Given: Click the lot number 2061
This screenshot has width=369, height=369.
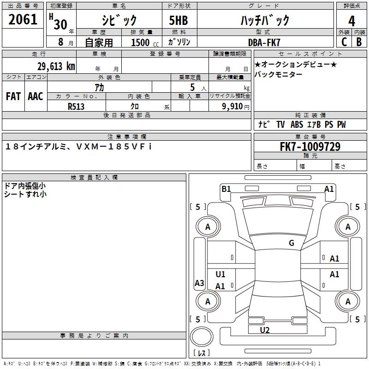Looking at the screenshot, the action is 23,19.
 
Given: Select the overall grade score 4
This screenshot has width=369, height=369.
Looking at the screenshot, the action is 351,21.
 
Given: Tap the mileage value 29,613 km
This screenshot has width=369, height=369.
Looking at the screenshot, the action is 56,66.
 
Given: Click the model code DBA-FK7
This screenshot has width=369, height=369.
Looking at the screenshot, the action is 264,42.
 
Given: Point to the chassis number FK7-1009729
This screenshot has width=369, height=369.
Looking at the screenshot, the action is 310,146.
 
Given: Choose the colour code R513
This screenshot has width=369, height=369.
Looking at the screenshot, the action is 76,107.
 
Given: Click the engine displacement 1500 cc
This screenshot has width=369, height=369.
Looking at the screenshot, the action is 145,42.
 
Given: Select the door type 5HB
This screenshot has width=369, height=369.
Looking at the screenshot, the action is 179,20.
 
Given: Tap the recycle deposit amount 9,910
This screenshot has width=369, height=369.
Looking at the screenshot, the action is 232,107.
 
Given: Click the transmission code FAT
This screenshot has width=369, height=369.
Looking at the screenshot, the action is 13,96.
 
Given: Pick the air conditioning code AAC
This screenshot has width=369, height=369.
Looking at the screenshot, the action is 36,96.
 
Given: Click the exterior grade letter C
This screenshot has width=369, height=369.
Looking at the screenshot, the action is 344,42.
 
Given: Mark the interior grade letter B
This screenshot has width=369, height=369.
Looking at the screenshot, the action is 359,42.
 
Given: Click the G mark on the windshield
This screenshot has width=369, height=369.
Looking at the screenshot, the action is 292,243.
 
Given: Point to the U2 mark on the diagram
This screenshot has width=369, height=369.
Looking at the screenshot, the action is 265,330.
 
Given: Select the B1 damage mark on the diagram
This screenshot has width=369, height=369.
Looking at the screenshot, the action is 226,189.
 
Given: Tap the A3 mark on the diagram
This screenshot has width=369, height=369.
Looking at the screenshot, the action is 199,283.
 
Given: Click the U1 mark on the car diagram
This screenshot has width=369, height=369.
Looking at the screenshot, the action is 220,274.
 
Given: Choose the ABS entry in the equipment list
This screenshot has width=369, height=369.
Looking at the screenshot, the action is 297,125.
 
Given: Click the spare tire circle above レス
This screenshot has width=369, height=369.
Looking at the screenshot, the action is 202,337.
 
